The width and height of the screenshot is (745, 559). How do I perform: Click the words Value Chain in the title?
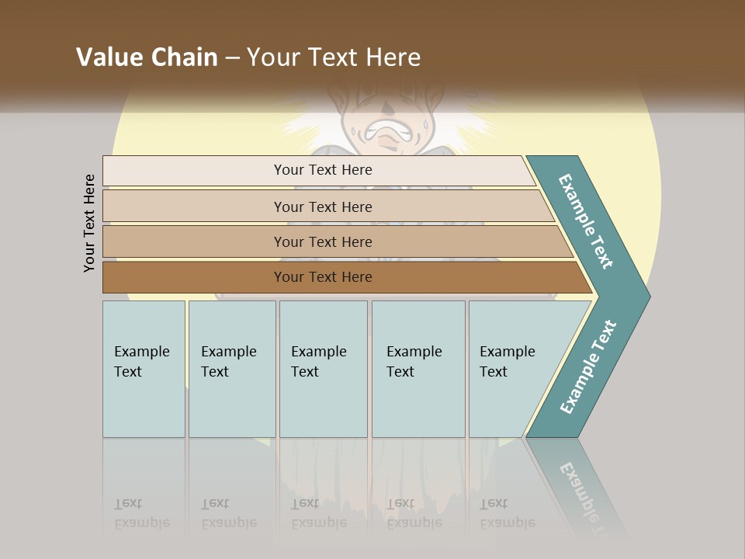pos(147,57)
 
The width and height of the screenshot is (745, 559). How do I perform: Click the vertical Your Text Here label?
pos(90,223)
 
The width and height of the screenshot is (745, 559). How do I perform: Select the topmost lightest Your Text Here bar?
pos(323,170)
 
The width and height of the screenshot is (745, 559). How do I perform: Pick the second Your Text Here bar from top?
pos(323,207)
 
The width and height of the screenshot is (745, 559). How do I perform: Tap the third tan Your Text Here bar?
pos(323,241)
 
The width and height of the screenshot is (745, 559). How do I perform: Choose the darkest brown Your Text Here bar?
pos(323,277)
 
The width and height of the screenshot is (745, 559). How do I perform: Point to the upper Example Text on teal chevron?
pos(586,221)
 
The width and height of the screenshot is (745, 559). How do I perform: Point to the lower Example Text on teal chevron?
pos(587,367)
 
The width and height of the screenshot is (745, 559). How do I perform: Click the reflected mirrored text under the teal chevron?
pos(582,489)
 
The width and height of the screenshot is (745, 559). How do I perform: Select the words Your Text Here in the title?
pos(334,57)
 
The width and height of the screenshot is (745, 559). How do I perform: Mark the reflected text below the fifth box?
pos(508,513)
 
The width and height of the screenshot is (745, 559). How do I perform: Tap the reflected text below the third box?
pos(318,513)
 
